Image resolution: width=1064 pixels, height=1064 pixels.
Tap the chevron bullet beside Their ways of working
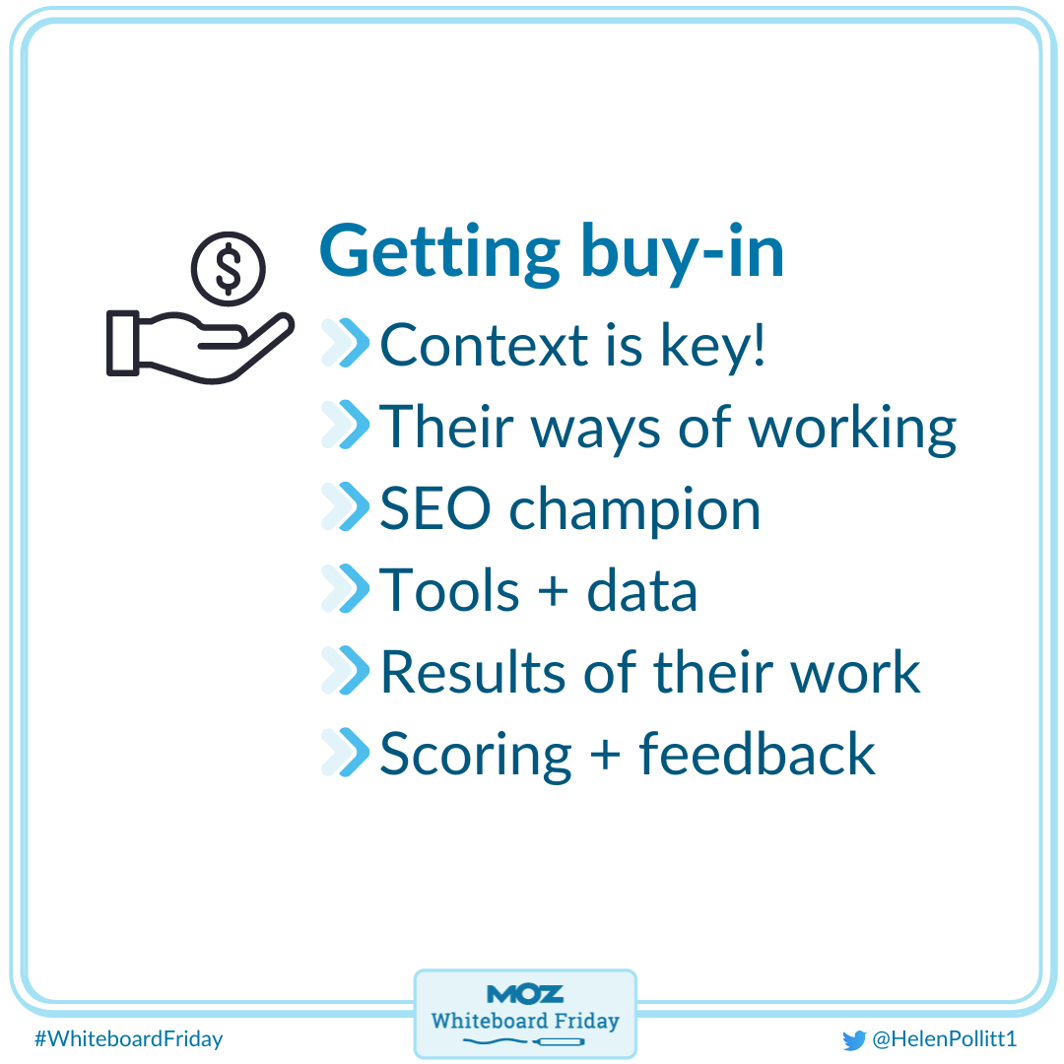(345, 427)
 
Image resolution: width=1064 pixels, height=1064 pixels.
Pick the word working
(852, 428)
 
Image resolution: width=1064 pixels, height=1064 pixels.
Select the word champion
(634, 511)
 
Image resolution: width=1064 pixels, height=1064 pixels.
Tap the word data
(642, 591)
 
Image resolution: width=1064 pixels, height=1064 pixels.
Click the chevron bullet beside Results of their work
(345, 672)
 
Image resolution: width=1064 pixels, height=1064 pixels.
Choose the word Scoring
(476, 757)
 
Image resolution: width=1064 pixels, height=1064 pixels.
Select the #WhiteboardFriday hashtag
(128, 1038)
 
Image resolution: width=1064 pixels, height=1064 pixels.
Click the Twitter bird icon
(853, 1039)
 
